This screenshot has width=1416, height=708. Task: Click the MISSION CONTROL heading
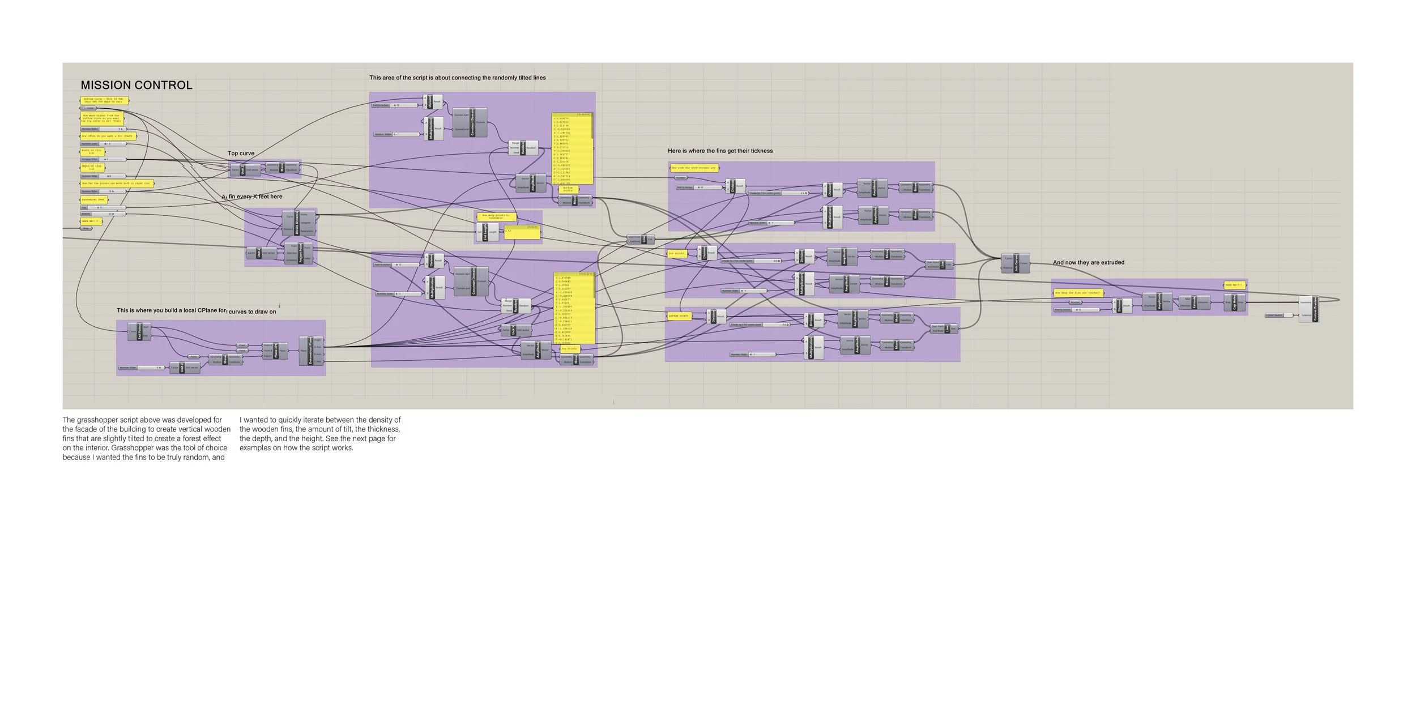[x=137, y=85]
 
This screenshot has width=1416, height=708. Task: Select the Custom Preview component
[x=1315, y=309]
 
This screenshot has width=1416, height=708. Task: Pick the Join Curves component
[x=1016, y=263]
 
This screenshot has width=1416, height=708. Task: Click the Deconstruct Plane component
[x=310, y=351]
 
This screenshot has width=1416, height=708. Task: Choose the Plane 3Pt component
[x=275, y=351]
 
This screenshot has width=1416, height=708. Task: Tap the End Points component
[x=139, y=331]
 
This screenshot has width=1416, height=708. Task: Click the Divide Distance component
[x=297, y=223]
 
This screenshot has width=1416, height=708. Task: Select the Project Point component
[x=301, y=253]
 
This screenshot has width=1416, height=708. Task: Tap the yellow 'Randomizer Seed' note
[x=93, y=199]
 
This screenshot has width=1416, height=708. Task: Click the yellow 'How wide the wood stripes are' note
[x=693, y=168]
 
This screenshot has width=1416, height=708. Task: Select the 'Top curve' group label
[x=241, y=153]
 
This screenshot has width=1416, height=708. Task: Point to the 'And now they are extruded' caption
[x=1088, y=263]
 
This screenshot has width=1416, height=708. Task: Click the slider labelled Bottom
[x=103, y=214]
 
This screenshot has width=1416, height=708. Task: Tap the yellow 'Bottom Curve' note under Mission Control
[x=104, y=100]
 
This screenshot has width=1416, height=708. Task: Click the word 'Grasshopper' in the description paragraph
[x=134, y=447]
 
